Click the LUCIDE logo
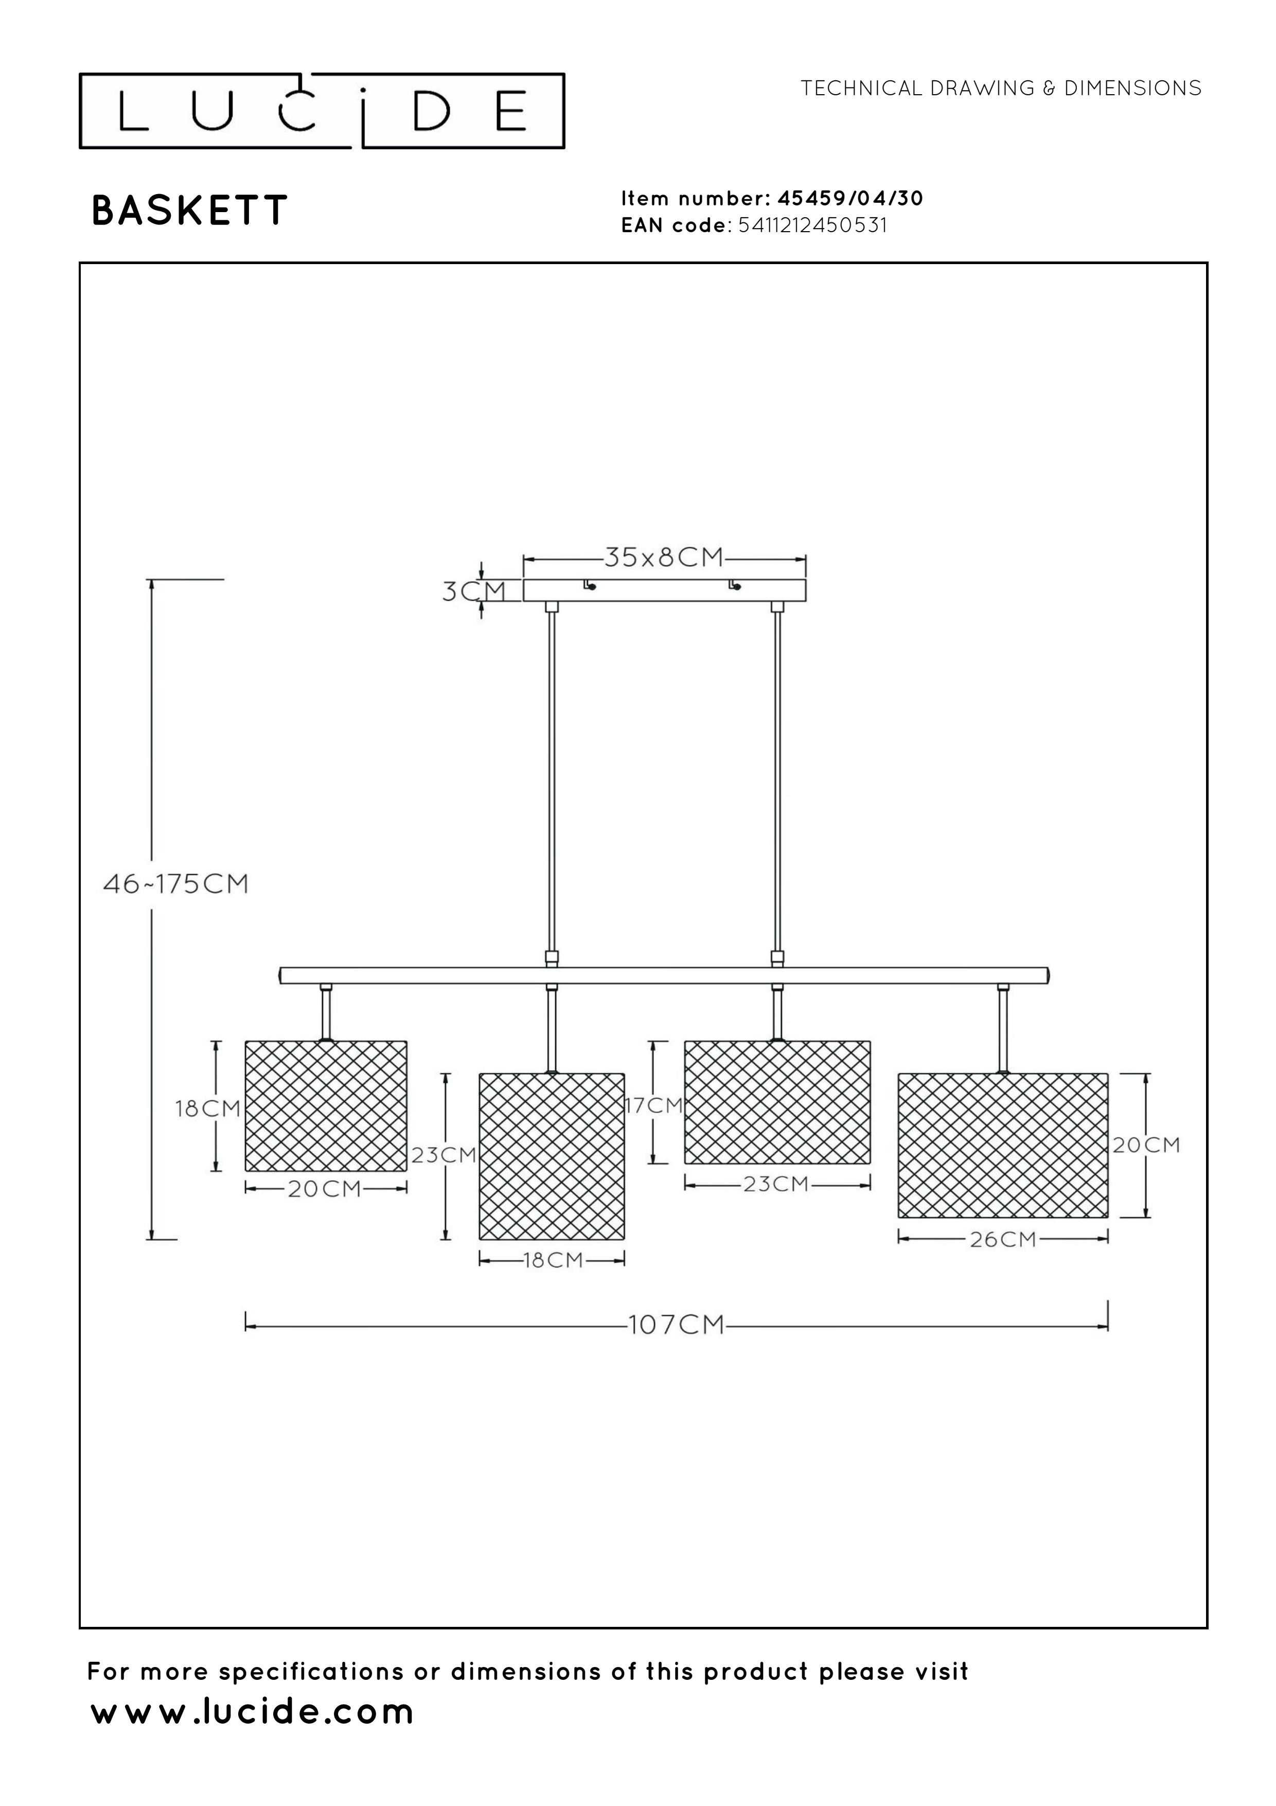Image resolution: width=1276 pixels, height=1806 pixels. (322, 111)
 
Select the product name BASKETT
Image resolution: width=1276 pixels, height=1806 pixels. (189, 211)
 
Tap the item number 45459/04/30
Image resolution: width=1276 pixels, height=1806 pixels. (850, 198)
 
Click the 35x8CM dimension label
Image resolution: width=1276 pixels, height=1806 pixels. (664, 557)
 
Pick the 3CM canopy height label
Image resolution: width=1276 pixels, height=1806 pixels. (473, 591)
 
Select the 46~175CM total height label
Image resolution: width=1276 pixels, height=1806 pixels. (176, 884)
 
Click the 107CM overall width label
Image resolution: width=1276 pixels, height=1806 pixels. (676, 1325)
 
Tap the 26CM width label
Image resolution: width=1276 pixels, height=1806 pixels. (1003, 1240)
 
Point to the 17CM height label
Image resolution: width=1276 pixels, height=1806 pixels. (654, 1106)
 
